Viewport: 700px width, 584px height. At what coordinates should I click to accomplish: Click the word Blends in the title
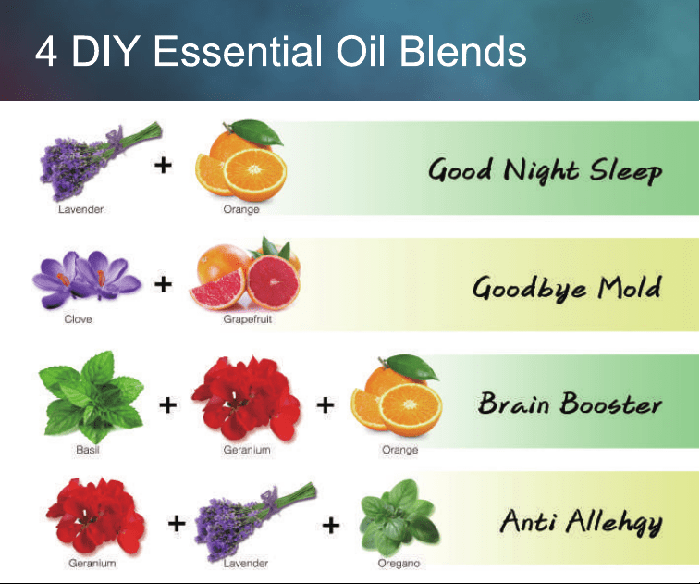462,51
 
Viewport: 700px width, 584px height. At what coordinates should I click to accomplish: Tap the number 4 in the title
46,52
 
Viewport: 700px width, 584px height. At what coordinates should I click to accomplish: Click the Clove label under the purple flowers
78,319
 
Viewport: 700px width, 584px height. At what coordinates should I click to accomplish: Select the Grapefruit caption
247,319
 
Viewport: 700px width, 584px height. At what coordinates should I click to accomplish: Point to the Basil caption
88,450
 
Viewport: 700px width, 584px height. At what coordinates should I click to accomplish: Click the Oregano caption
399,564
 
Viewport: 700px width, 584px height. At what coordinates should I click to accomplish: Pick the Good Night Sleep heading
545,170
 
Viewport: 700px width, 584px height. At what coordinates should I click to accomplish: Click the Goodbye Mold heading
567,287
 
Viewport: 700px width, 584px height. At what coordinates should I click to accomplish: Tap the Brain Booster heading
570,403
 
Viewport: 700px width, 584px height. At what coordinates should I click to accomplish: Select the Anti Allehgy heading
581,522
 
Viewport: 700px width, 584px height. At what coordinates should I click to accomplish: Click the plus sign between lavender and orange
163,166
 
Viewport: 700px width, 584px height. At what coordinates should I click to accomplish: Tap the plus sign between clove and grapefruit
163,284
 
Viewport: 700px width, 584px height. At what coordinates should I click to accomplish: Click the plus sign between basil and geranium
168,405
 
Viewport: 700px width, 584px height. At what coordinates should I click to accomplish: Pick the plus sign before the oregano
331,525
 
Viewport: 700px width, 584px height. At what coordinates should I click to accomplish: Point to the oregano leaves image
399,518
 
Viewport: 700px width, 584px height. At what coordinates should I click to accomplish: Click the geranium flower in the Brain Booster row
246,399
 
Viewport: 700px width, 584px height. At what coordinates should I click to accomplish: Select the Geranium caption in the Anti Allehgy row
92,564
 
